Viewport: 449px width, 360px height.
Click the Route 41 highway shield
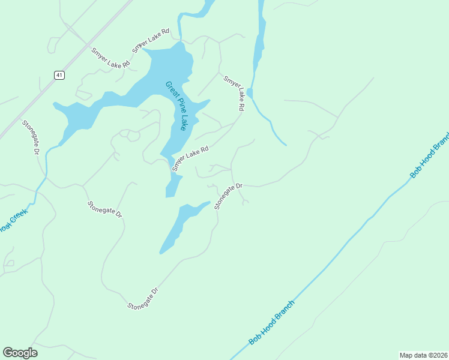[58, 75]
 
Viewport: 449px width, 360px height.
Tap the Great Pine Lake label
[176, 106]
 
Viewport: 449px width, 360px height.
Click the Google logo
[20, 352]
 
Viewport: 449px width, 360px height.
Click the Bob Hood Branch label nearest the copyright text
[273, 322]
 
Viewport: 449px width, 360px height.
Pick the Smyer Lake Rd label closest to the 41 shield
[110, 58]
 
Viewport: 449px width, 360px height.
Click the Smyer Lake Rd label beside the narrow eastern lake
[234, 93]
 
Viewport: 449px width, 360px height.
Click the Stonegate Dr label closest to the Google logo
[143, 299]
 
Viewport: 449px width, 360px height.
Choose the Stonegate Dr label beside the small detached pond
[228, 196]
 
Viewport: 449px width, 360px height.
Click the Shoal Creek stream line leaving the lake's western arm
[42, 174]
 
